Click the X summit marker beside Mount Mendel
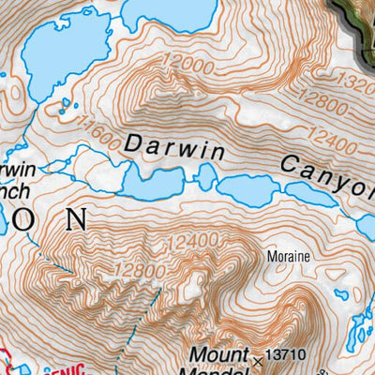(x=258, y=359)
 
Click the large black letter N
(x=75, y=221)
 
